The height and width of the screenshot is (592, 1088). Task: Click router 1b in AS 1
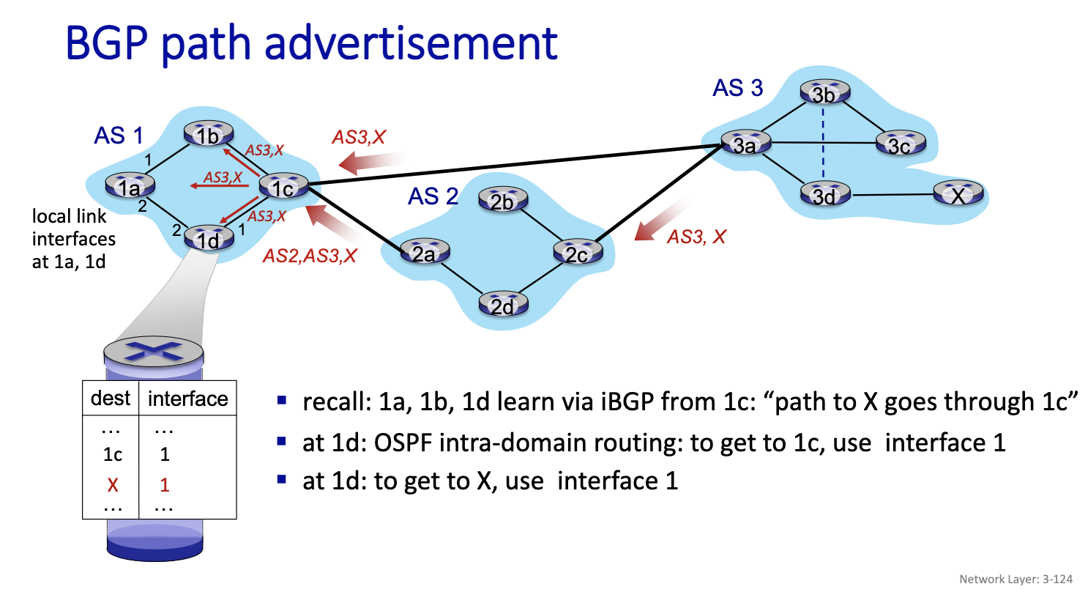point(209,135)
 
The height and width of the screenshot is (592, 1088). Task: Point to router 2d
point(503,305)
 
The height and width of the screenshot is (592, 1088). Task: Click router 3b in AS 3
point(826,95)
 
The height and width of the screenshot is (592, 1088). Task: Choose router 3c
point(898,144)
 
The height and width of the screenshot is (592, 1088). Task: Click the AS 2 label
point(433,196)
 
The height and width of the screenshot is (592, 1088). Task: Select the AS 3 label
point(737,88)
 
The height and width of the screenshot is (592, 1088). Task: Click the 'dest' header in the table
point(110,399)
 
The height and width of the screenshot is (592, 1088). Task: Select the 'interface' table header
point(187,399)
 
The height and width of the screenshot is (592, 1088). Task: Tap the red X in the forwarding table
point(111,484)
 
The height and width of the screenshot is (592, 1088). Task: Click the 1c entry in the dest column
point(111,455)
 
